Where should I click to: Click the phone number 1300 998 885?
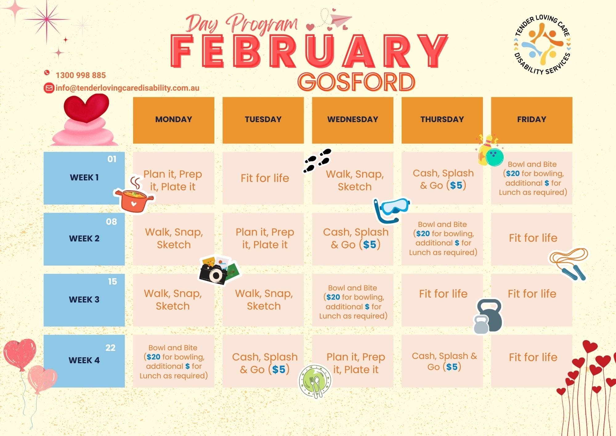81,75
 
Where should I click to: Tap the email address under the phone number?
127,88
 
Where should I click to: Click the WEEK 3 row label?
84,300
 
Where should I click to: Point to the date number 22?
110,348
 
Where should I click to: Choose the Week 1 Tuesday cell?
263,178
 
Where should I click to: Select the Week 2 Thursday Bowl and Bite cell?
442,239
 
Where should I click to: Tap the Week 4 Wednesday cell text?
356,363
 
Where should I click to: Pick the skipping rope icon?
569,264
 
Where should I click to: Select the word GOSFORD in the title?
356,82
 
